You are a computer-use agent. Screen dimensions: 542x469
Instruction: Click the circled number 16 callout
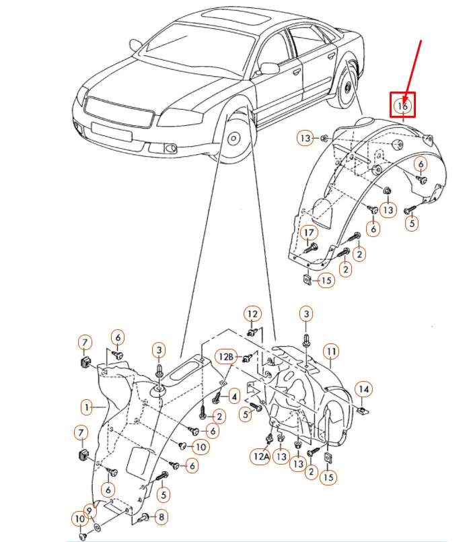[403, 106]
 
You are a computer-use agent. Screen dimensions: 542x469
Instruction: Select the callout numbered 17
[309, 233]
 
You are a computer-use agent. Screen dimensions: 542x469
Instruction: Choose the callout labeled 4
[234, 396]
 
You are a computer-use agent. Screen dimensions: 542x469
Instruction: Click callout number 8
[161, 517]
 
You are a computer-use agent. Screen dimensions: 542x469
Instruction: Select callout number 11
[330, 351]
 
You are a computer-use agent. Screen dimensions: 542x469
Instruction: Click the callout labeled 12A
[261, 456]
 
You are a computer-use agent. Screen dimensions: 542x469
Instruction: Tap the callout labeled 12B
[225, 355]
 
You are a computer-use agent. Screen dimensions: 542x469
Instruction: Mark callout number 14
[363, 389]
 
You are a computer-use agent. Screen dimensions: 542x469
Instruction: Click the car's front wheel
[233, 139]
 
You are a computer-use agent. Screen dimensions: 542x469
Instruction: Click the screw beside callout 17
[310, 248]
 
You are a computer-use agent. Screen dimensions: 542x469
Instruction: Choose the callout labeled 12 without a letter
[252, 314]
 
